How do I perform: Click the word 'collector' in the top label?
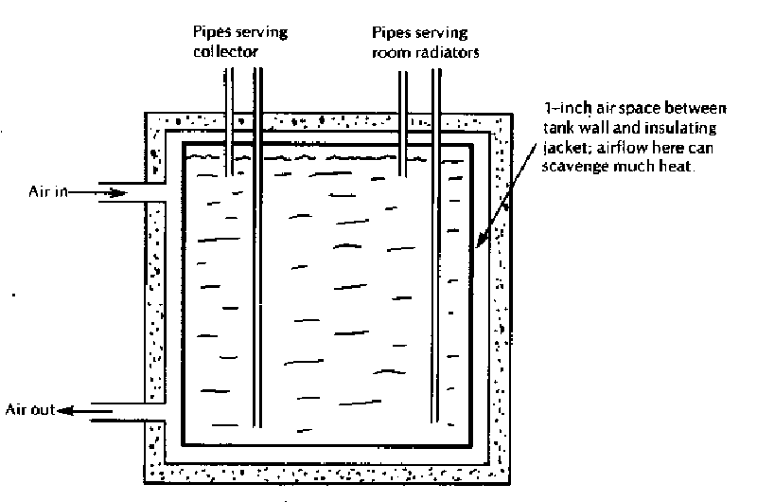click(220, 53)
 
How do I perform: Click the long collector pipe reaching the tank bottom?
click(256, 284)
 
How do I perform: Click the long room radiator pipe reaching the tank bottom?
click(436, 284)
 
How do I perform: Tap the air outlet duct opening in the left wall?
click(152, 410)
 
